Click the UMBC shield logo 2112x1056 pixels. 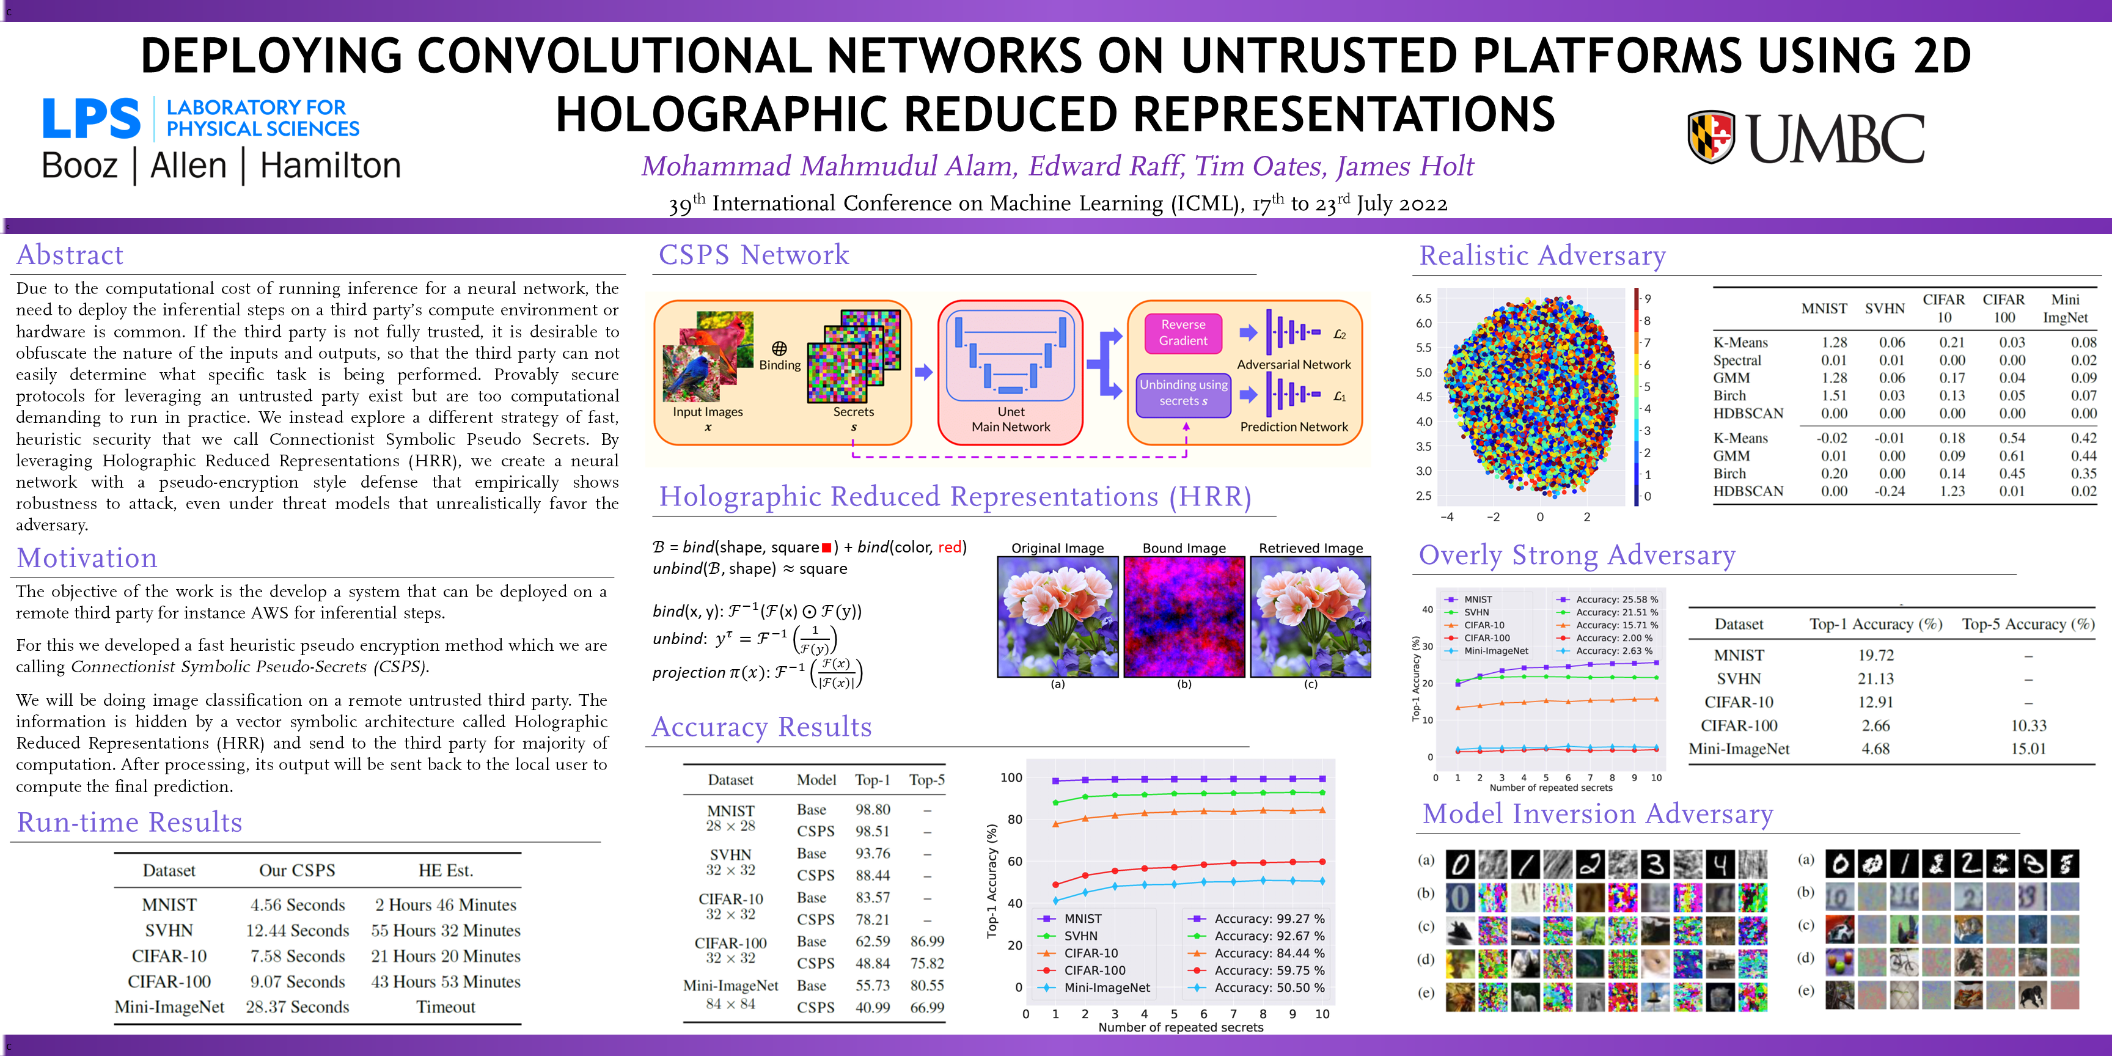pyautogui.click(x=1711, y=137)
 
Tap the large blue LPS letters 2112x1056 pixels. pyautogui.click(x=91, y=119)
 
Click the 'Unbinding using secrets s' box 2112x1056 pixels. pyautogui.click(x=1183, y=393)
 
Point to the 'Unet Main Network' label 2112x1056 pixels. pyautogui.click(x=1011, y=419)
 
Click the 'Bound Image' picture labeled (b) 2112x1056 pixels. pyautogui.click(x=1184, y=617)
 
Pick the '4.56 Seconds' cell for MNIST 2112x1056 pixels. pyautogui.click(x=298, y=905)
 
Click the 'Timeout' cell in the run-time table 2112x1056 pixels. pyautogui.click(x=445, y=1007)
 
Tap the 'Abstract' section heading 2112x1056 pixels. pyautogui.click(x=70, y=255)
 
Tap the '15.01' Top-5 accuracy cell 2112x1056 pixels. pyautogui.click(x=2028, y=749)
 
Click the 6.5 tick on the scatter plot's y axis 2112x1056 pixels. pyautogui.click(x=1423, y=298)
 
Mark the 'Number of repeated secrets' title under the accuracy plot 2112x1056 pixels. pyautogui.click(x=1181, y=1027)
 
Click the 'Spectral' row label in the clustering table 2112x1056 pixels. pyautogui.click(x=1737, y=361)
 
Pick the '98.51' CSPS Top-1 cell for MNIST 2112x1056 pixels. pyautogui.click(x=872, y=831)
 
